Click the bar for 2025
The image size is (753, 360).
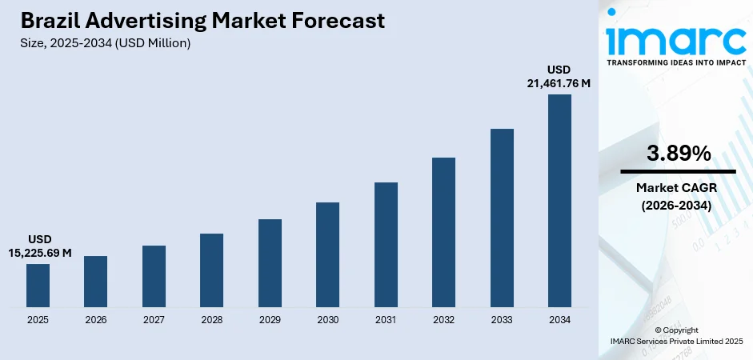pyautogui.click(x=38, y=285)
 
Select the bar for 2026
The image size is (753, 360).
pyautogui.click(x=96, y=281)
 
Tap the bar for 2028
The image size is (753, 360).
pyautogui.click(x=211, y=270)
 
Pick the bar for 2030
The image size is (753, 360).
pyautogui.click(x=327, y=254)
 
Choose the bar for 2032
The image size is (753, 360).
pyautogui.click(x=443, y=232)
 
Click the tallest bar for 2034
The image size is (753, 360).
pyautogui.click(x=559, y=200)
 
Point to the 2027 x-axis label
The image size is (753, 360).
pyautogui.click(x=154, y=320)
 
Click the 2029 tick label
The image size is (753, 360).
pyautogui.click(x=270, y=320)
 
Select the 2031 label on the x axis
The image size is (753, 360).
pyautogui.click(x=386, y=320)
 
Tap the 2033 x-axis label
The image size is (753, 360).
pyautogui.click(x=502, y=320)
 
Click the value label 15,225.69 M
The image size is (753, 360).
pyautogui.click(x=39, y=253)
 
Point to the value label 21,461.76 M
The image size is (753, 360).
pyautogui.click(x=559, y=83)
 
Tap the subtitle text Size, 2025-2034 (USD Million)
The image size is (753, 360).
pyautogui.click(x=106, y=43)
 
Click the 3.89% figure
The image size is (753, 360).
pyautogui.click(x=678, y=154)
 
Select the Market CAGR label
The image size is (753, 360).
pyautogui.click(x=678, y=187)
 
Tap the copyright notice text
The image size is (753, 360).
pyautogui.click(x=677, y=335)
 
